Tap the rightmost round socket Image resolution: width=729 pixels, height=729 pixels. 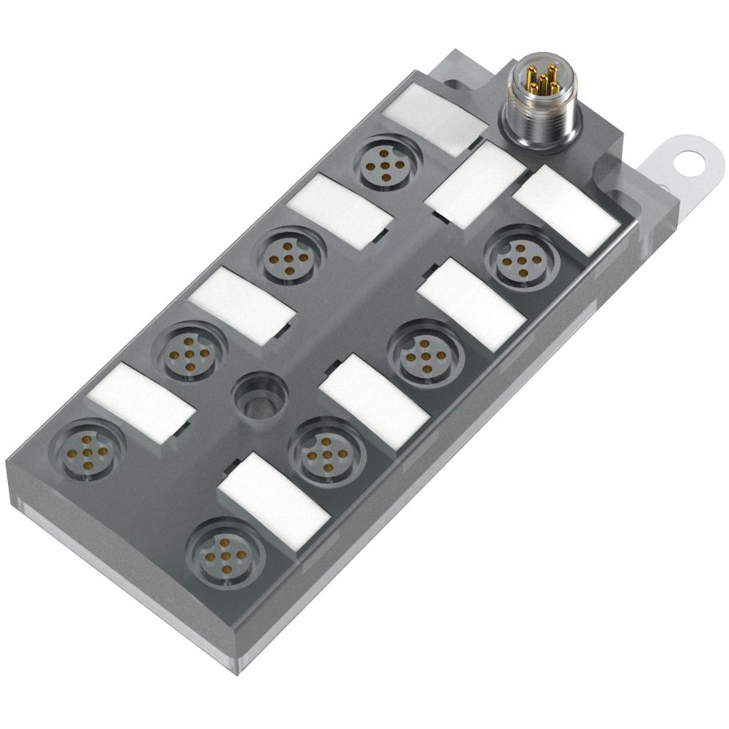coord(519,257)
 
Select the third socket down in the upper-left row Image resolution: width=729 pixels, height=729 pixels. coord(189,351)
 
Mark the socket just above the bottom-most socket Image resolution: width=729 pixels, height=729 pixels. coord(324,451)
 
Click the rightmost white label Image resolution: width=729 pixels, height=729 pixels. coord(566,209)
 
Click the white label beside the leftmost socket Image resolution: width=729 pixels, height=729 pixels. coord(141,402)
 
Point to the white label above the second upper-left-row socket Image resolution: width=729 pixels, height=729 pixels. coord(339,209)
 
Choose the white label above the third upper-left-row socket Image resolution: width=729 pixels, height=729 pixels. coord(241,305)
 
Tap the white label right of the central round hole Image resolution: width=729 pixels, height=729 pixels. coord(372,401)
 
